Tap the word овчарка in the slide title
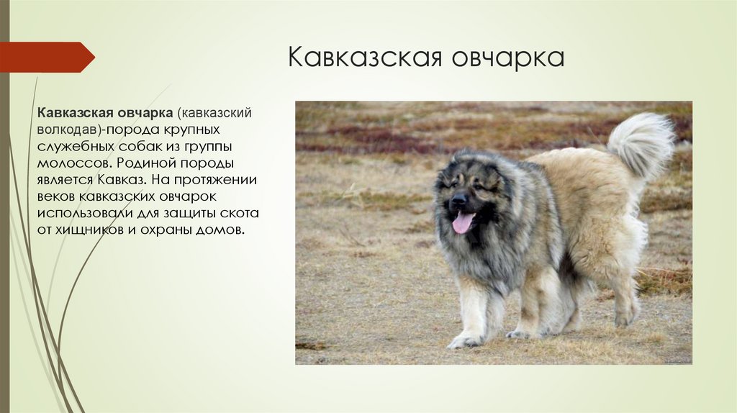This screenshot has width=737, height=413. (508, 58)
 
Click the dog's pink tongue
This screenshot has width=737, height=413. (461, 222)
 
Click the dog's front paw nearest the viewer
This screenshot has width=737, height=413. (462, 341)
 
